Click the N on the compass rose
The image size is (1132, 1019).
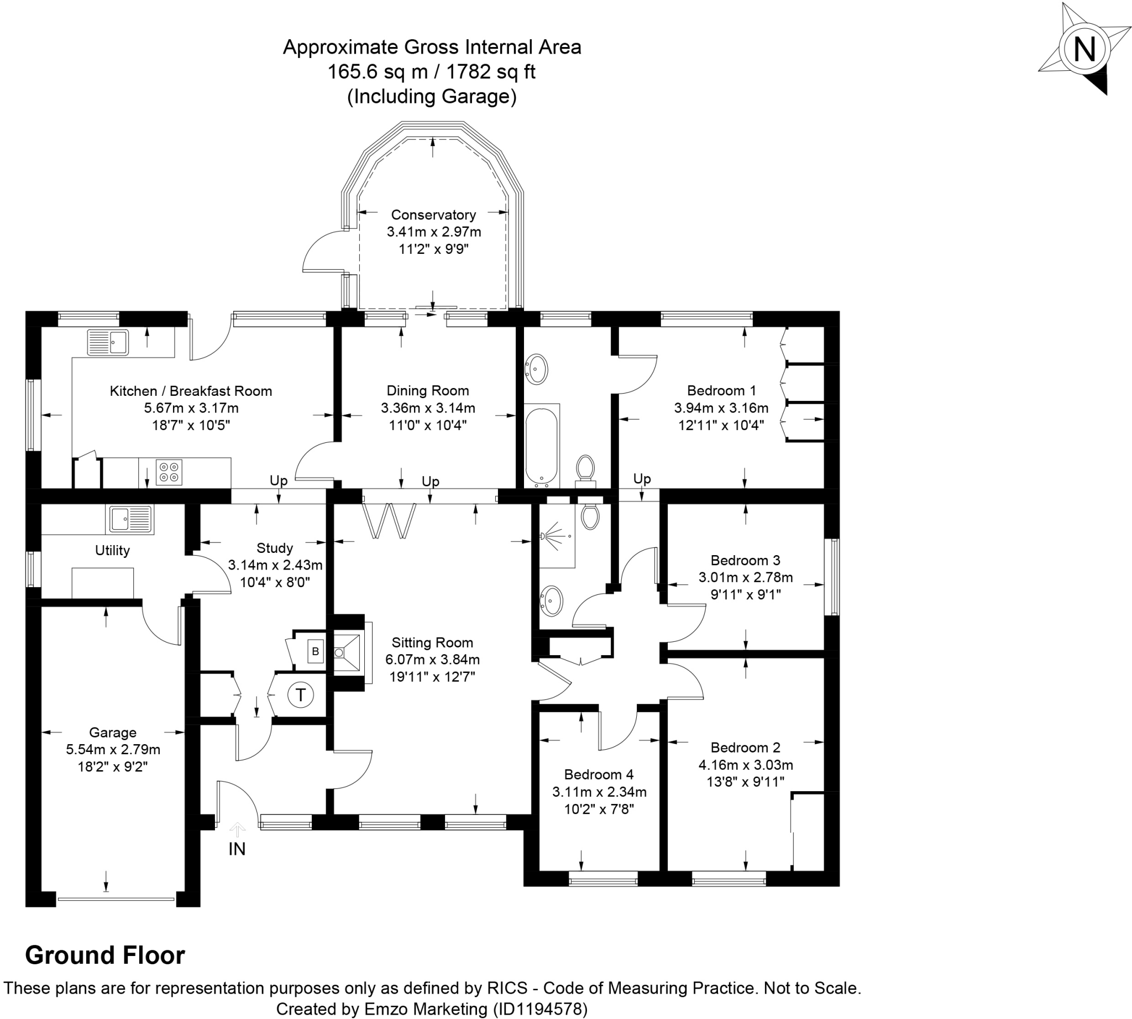pyautogui.click(x=1084, y=49)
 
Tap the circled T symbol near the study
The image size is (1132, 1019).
pyautogui.click(x=301, y=695)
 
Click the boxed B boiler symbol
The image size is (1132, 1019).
pyautogui.click(x=315, y=651)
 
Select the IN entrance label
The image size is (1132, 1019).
pyautogui.click(x=237, y=849)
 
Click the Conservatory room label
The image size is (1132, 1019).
pyautogui.click(x=433, y=215)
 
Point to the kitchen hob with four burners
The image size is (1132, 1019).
pyautogui.click(x=169, y=472)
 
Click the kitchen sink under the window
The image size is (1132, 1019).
pyautogui.click(x=108, y=342)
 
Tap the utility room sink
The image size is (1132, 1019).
pyautogui.click(x=130, y=519)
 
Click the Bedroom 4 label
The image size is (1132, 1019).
pyautogui.click(x=599, y=774)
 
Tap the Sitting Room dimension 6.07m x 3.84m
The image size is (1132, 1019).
pyautogui.click(x=432, y=660)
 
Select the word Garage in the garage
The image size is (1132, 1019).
pyautogui.click(x=113, y=733)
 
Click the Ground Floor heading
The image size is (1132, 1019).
pyautogui.click(x=105, y=955)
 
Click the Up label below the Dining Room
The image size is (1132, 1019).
pyautogui.click(x=430, y=482)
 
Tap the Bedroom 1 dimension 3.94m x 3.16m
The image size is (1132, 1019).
pyautogui.click(x=721, y=408)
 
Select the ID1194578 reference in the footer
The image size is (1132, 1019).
pyautogui.click(x=539, y=1009)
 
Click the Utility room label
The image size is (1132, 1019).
pyautogui.click(x=112, y=550)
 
